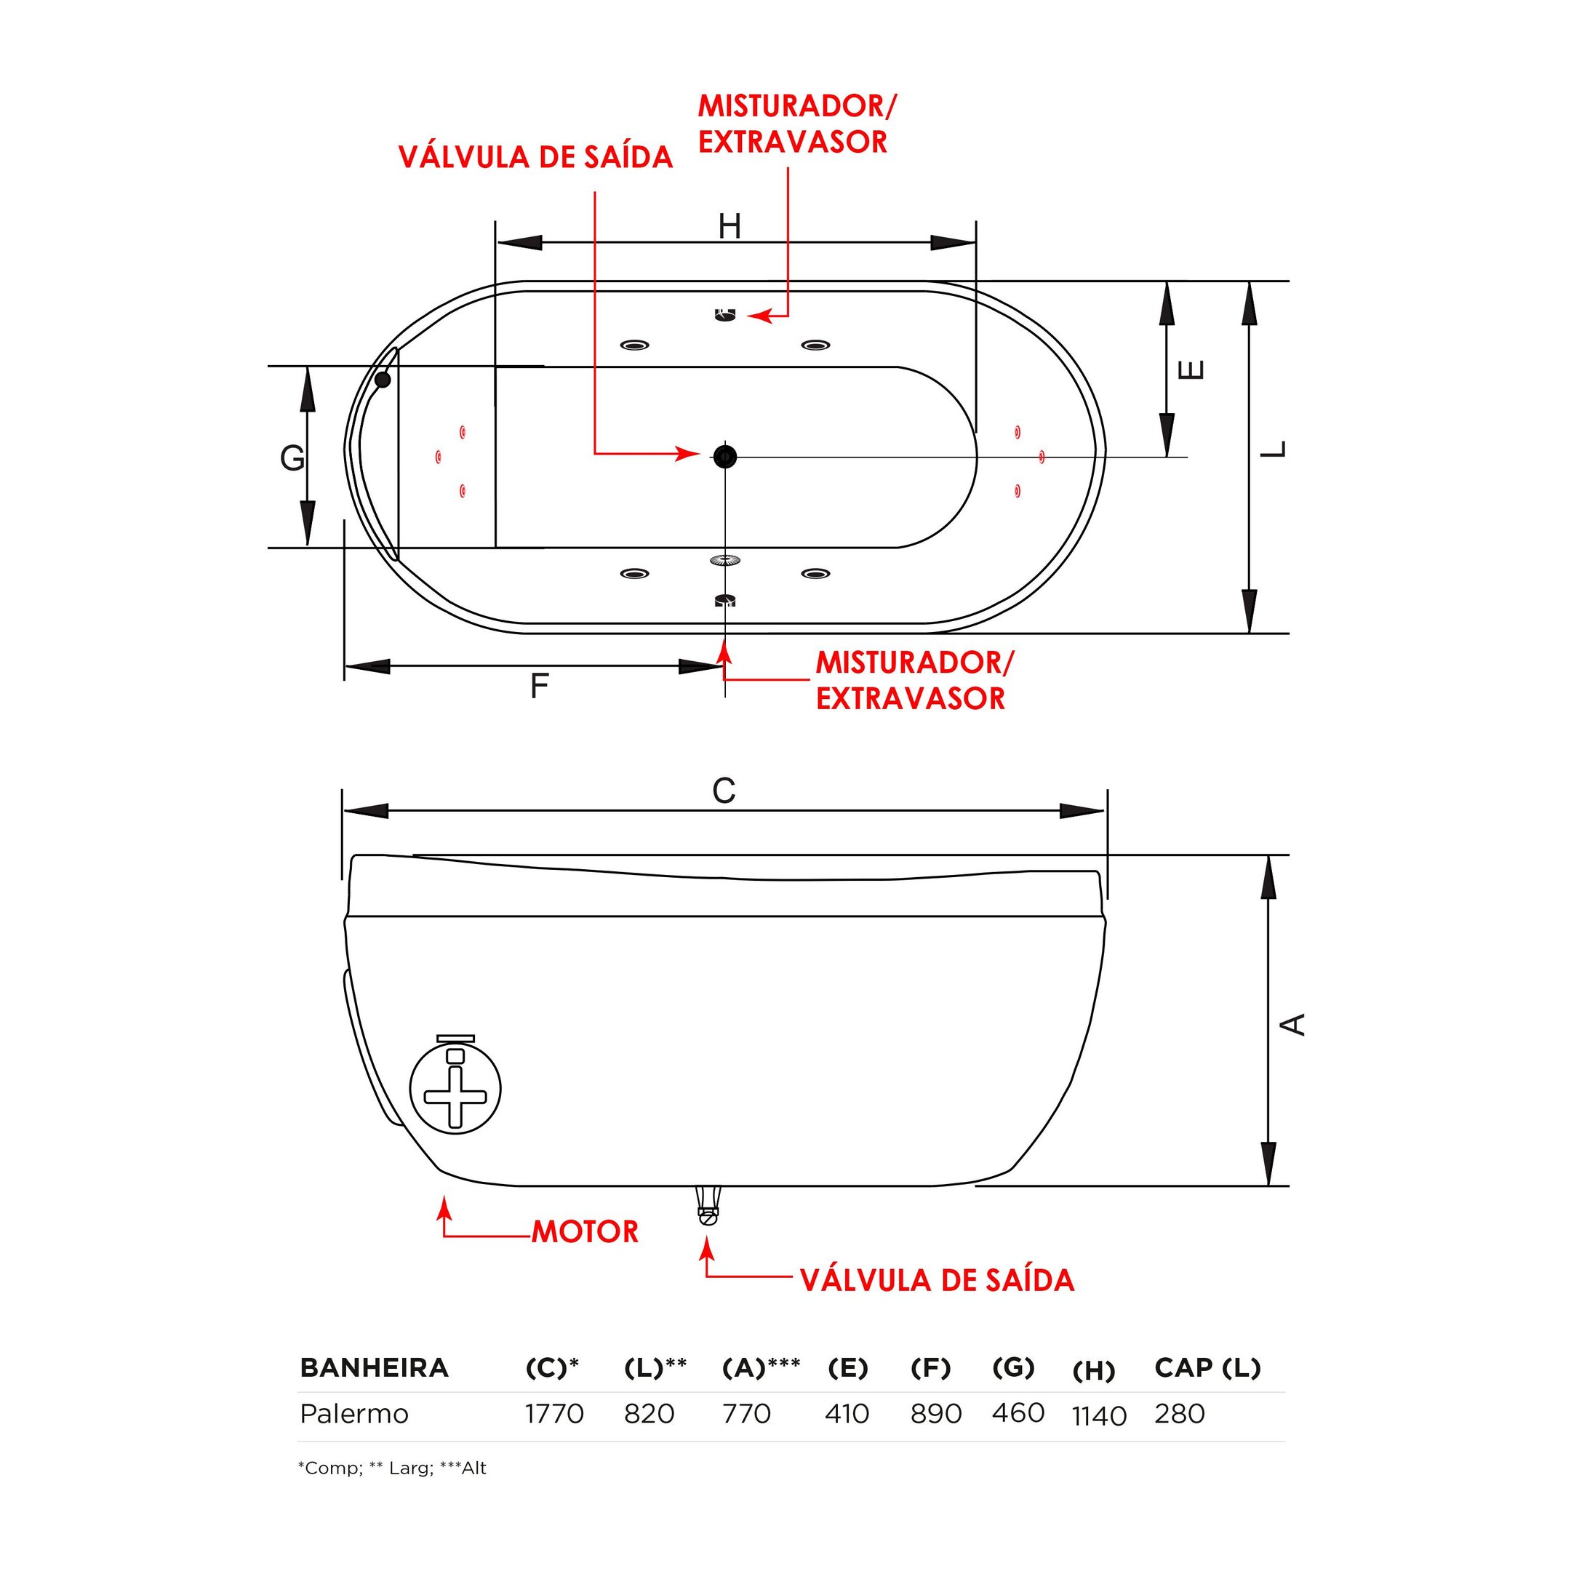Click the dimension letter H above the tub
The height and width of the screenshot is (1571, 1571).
tap(729, 226)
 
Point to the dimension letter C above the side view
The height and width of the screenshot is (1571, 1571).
tap(724, 791)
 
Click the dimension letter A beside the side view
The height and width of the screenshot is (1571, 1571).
tap(1293, 1024)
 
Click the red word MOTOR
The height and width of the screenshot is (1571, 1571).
tap(585, 1232)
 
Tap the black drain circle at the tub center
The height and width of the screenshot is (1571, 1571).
tap(724, 456)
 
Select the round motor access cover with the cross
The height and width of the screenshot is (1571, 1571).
tap(455, 1090)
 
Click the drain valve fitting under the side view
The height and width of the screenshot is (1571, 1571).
tap(708, 1206)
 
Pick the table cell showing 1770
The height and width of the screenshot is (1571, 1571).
tap(554, 1413)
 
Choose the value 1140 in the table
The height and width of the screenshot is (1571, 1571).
tap(1098, 1415)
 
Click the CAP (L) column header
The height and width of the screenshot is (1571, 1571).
tap(1207, 1367)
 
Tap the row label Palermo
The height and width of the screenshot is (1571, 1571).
tap(353, 1413)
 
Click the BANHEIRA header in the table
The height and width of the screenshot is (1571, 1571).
tap(374, 1367)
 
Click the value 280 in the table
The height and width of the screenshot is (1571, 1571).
tap(1179, 1413)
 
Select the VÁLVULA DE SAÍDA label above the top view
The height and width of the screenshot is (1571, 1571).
tap(535, 157)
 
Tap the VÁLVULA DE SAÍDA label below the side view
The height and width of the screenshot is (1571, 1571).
tap(937, 1281)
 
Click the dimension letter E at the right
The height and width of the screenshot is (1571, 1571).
tap(1191, 370)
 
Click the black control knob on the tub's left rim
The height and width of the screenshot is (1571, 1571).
tap(382, 379)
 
